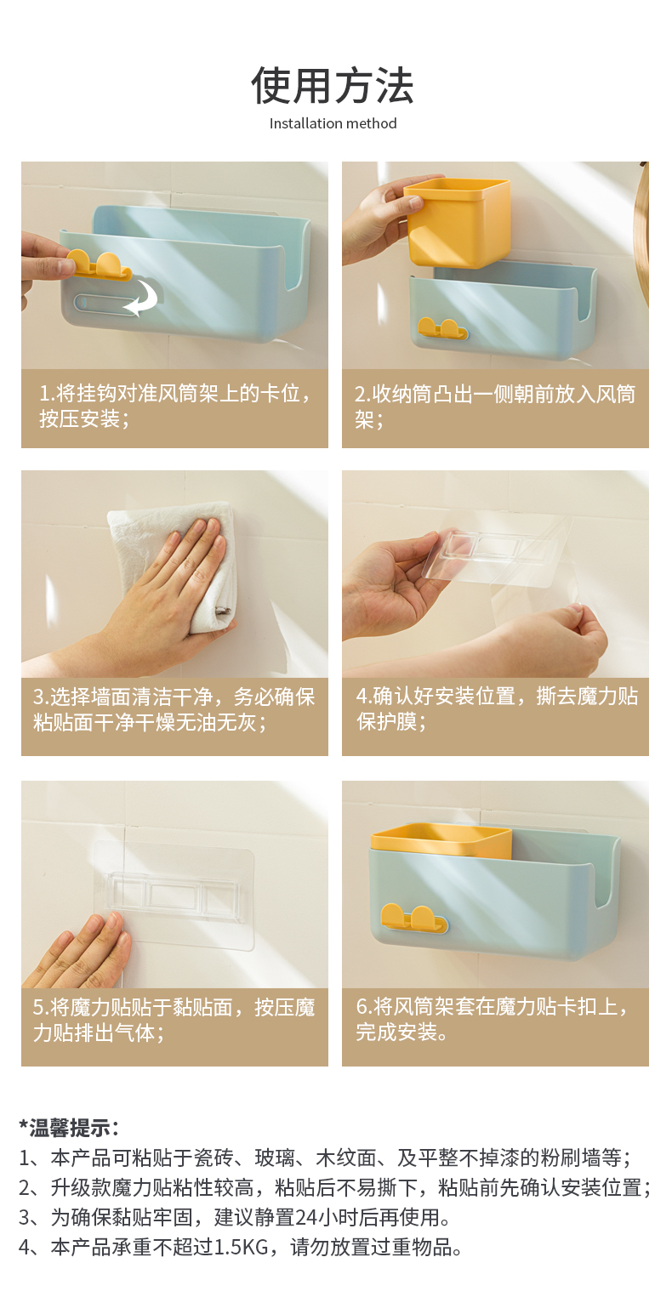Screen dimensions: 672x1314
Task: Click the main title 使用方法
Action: coord(333,86)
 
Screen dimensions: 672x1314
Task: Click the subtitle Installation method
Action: coord(333,124)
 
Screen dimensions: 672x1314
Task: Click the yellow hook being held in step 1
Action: coord(98,265)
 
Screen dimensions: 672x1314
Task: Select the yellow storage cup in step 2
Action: coord(457,223)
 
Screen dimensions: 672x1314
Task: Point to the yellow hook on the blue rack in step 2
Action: coord(442,329)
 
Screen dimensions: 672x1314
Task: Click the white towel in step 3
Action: coord(176,563)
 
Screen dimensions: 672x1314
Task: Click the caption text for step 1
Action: coord(175,406)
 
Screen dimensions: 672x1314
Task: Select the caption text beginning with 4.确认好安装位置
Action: coord(497,708)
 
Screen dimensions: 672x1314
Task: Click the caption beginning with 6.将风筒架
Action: coord(492,1020)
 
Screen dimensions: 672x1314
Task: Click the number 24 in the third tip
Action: coord(305,1217)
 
